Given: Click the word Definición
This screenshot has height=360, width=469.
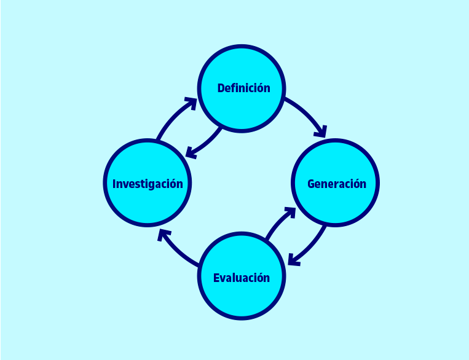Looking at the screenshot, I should pyautogui.click(x=243, y=88).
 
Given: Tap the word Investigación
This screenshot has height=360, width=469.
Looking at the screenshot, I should pyautogui.click(x=148, y=183).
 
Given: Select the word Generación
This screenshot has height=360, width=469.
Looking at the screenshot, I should pyautogui.click(x=336, y=183).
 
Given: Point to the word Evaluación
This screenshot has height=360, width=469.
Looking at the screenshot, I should pyautogui.click(x=242, y=278).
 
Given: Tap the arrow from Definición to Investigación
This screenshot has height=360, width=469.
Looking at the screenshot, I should pyautogui.click(x=206, y=143).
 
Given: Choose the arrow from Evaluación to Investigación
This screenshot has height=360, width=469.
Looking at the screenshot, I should pyautogui.click(x=178, y=252).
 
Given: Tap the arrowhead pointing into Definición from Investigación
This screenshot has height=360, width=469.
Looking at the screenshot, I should pyautogui.click(x=191, y=102).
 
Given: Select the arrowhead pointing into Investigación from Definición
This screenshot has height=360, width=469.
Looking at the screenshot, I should pyautogui.click(x=192, y=151).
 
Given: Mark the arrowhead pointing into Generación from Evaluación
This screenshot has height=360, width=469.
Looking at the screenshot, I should pyautogui.click(x=289, y=213).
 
